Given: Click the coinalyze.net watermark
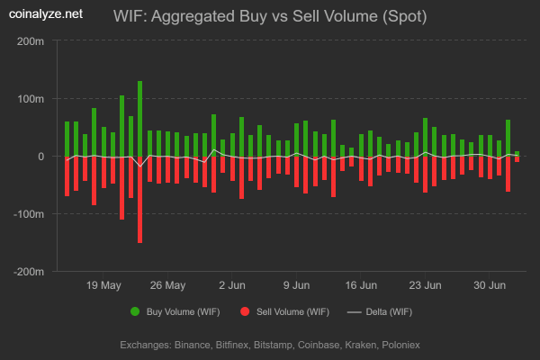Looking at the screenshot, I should coord(45,14).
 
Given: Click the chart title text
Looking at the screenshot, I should coord(270,16).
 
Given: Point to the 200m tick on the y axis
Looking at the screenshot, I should coord(31,41).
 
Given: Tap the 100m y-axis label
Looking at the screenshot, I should coord(31,99).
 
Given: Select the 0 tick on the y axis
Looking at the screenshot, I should coord(40,157).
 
